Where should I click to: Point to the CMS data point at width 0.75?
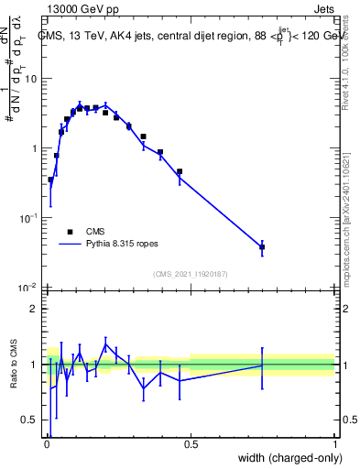tap(262, 247)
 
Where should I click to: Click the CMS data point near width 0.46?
tap(180, 171)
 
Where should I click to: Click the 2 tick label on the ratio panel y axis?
tap(34, 309)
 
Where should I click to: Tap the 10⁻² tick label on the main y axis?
tap(27, 288)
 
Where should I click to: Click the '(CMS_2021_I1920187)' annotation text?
tap(190, 274)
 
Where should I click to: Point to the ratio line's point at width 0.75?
tap(262, 365)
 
